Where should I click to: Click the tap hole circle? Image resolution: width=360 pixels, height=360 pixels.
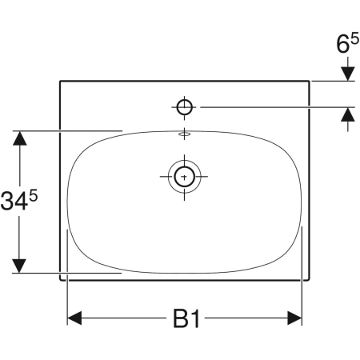click(x=185, y=106)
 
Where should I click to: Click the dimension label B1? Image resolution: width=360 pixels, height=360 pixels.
click(x=186, y=320)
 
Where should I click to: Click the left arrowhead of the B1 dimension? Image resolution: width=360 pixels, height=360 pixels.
click(x=74, y=319)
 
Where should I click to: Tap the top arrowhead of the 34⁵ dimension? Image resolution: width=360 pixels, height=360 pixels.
click(x=19, y=138)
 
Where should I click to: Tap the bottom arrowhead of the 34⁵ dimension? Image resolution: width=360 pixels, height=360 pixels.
click(x=19, y=264)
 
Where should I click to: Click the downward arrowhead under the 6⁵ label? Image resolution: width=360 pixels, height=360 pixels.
click(x=348, y=74)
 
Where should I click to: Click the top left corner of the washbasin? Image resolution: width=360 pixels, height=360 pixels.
click(x=60, y=81)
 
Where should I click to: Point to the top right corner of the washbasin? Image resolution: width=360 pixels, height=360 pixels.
click(x=310, y=81)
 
